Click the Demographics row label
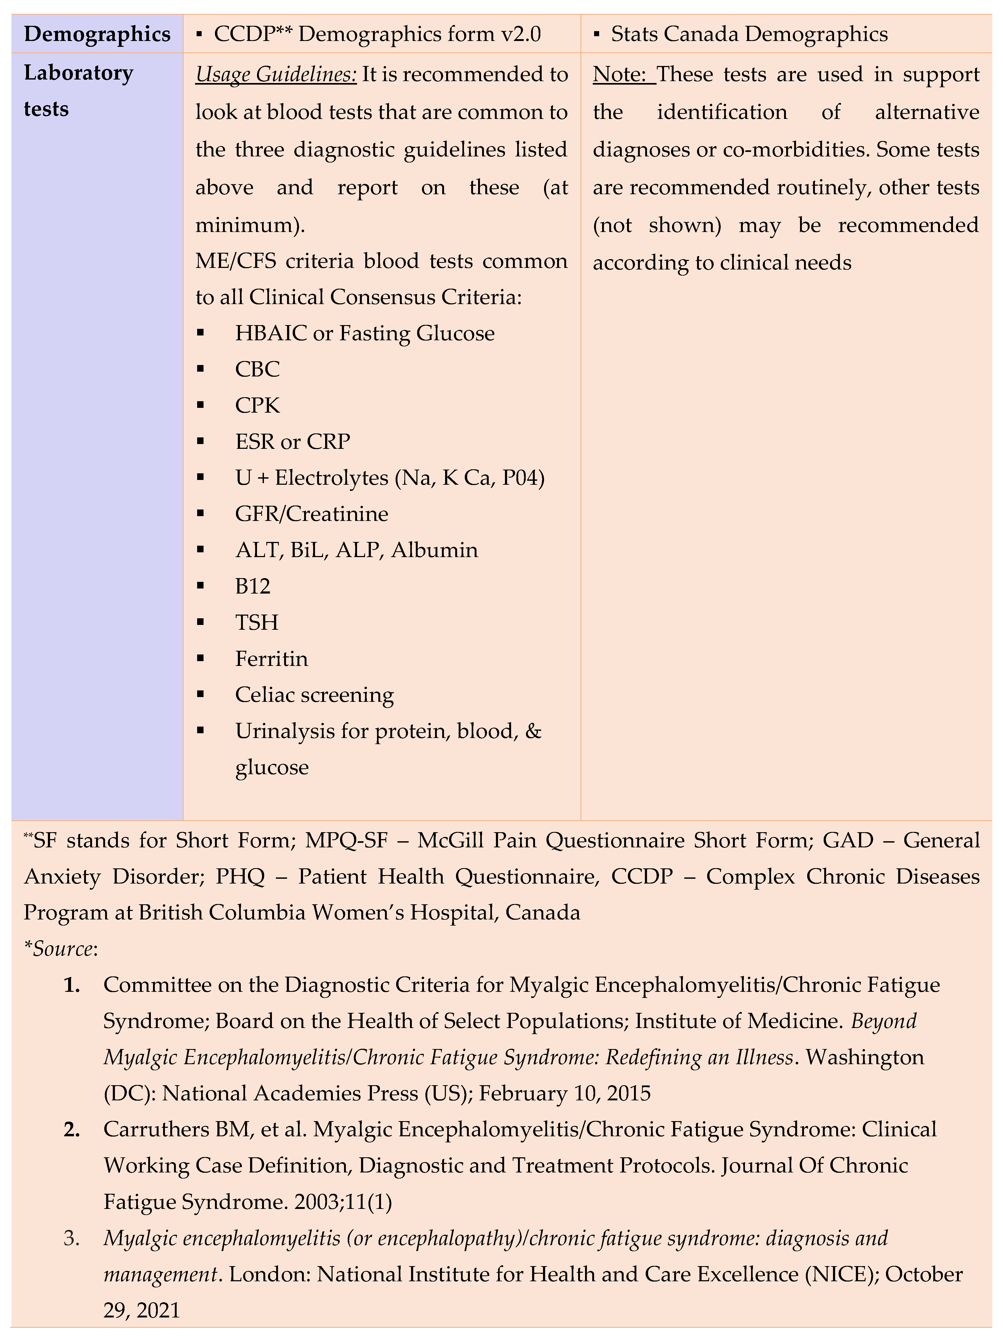pos(97,34)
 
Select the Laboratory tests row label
pos(78,91)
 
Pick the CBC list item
pos(258,369)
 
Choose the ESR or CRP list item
pos(293,441)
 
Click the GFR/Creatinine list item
pos(312,514)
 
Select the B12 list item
pos(252,586)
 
